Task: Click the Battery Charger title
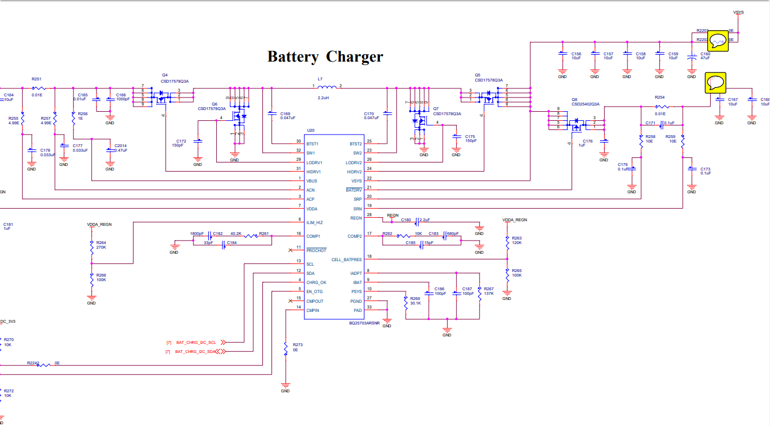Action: pos(325,56)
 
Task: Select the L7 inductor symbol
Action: pos(327,88)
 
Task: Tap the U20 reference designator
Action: pos(310,131)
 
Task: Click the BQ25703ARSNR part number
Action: pos(364,323)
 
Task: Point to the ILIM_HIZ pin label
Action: pos(314,222)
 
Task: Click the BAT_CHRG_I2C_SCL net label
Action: pos(196,342)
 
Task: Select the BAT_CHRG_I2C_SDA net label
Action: pos(196,352)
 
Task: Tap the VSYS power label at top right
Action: pos(738,12)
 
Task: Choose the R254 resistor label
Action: pos(659,98)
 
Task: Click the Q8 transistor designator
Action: pos(575,99)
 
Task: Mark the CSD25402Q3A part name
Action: pos(586,104)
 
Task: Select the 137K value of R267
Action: pos(489,294)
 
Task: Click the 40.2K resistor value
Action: pos(236,234)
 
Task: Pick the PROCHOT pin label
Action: pos(316,250)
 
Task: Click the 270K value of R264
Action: pos(101,248)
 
